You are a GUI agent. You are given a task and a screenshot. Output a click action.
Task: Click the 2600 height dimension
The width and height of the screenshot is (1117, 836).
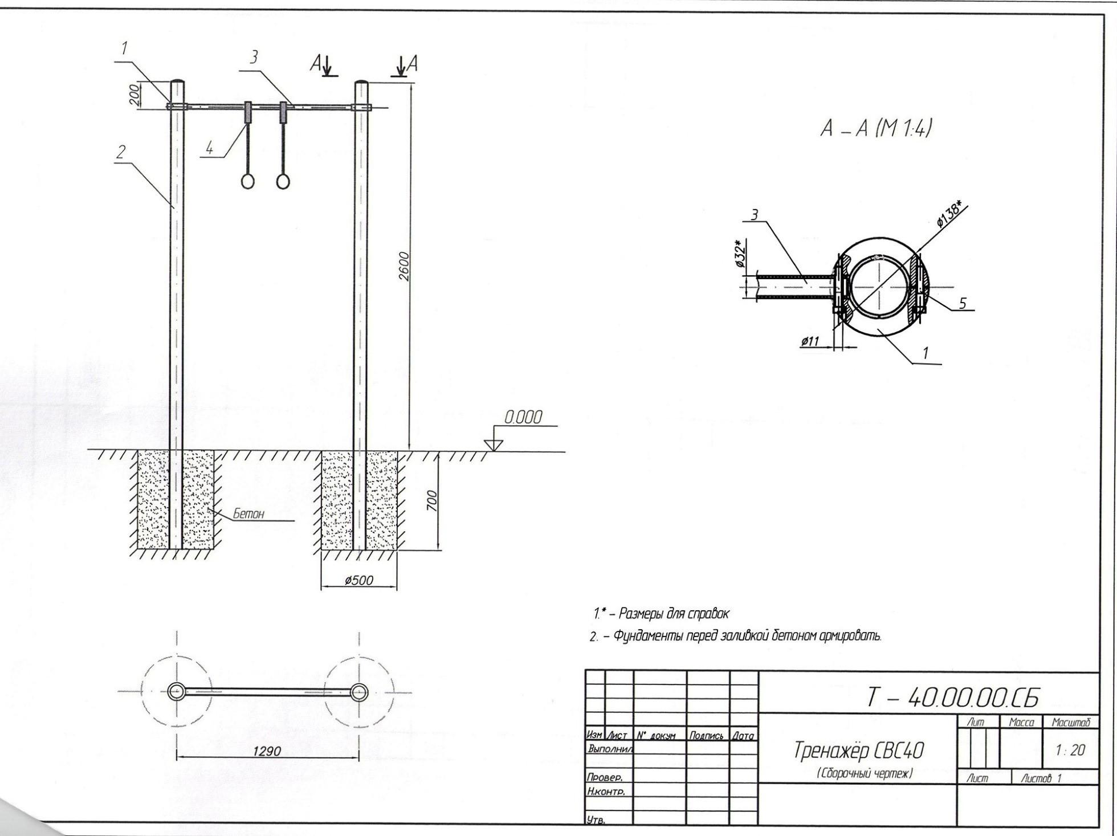[x=403, y=266]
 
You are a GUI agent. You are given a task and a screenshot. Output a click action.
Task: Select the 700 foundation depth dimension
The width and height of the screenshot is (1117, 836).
[x=432, y=501]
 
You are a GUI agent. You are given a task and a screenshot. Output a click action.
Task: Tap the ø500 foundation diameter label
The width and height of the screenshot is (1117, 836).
[x=359, y=581]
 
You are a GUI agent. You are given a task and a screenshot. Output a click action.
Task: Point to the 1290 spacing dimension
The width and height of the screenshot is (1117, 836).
[x=267, y=751]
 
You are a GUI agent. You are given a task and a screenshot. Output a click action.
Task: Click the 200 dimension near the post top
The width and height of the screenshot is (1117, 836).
[x=133, y=95]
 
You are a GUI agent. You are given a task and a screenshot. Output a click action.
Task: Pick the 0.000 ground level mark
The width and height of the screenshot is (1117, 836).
[x=523, y=418]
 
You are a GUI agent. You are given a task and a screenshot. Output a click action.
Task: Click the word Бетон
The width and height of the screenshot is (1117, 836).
[x=248, y=514]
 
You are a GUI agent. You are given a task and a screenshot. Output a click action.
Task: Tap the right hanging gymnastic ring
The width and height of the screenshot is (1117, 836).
[x=283, y=181]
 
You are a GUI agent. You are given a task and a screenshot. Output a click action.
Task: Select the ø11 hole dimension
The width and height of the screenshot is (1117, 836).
[x=809, y=341]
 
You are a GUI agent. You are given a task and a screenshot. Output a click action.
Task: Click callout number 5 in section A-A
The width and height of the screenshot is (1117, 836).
[x=963, y=303]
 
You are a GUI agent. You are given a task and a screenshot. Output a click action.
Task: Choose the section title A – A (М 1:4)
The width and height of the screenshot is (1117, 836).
[x=876, y=130]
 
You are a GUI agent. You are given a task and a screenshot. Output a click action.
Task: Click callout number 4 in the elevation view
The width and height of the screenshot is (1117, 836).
[x=210, y=149]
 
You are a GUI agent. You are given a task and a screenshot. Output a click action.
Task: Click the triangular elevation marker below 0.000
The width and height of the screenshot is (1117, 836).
[x=494, y=444]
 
